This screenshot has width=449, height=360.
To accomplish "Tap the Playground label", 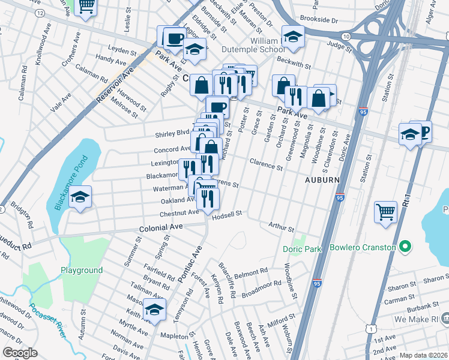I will (81, 270).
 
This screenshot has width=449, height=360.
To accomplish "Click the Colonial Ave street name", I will (160, 229).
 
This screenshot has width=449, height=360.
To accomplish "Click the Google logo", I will (20, 353).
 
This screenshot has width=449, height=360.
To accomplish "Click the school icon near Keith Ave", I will (154, 310).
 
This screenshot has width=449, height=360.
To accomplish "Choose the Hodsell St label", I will (226, 213).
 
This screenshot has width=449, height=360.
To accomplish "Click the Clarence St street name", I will (266, 163).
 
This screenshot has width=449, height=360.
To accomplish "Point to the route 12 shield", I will (40, 13).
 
